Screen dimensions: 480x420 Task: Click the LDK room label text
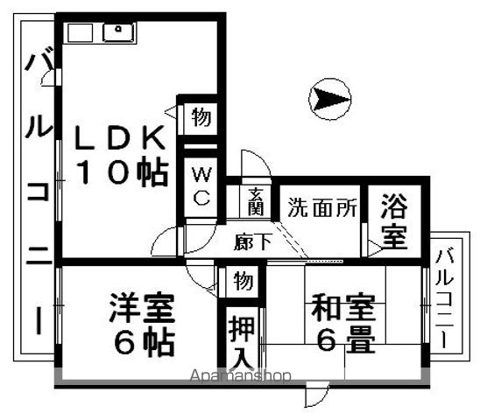click(120, 138)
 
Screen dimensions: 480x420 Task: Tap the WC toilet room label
click(201, 186)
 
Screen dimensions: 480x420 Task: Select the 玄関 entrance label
click(256, 202)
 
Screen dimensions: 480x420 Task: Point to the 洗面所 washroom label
click(322, 207)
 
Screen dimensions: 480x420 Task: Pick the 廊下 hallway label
click(252, 242)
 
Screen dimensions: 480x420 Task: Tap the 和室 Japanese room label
click(342, 308)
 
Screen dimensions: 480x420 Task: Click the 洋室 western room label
click(142, 308)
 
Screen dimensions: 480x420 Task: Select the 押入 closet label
click(242, 342)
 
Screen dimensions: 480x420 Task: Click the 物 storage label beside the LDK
click(201, 117)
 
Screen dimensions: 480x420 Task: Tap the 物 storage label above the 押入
click(244, 281)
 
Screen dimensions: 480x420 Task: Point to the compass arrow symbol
click(329, 99)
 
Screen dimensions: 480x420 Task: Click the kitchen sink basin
click(118, 32)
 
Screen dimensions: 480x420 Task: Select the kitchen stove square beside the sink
click(80, 32)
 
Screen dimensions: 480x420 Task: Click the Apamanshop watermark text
click(240, 375)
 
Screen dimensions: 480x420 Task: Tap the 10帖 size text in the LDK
click(123, 173)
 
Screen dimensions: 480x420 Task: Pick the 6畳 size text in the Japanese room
click(346, 339)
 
